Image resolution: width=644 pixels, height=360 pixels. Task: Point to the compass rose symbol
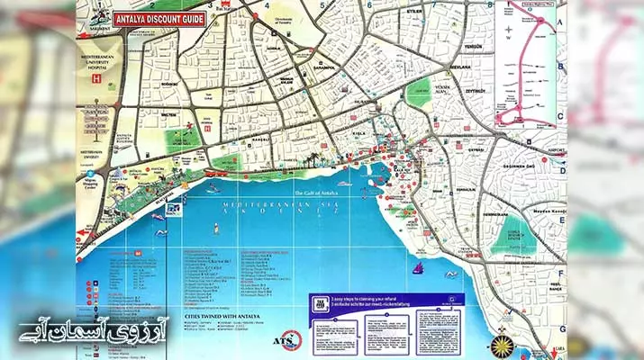[529, 345]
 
